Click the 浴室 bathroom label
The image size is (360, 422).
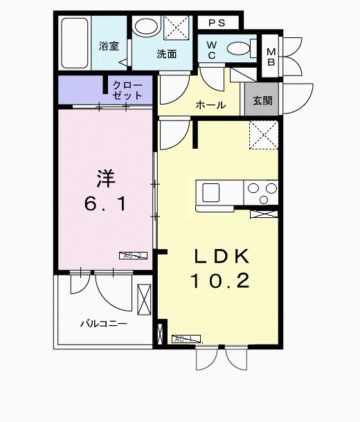(x=109, y=46)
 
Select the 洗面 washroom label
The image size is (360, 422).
(x=165, y=54)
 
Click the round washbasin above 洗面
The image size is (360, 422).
(x=146, y=28)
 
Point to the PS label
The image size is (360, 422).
(x=217, y=22)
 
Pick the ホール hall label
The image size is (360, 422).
(x=210, y=105)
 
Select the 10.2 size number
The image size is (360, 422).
(x=220, y=281)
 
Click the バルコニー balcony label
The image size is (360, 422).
(x=102, y=322)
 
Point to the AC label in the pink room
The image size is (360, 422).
(x=134, y=255)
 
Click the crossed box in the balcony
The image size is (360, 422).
(x=144, y=299)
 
